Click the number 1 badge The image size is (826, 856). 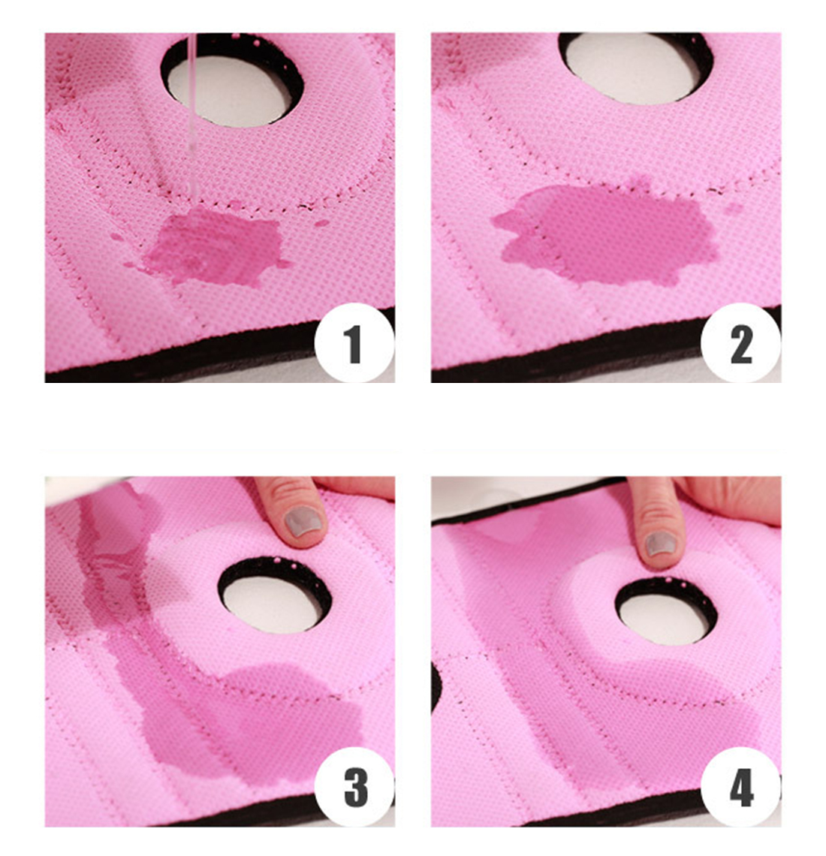(354, 343)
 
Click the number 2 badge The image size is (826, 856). (741, 343)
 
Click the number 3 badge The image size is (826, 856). (354, 787)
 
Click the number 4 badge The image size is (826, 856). (741, 787)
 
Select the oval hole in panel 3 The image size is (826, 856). (275, 595)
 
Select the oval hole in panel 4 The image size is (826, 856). (666, 611)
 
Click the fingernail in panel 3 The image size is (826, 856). (302, 521)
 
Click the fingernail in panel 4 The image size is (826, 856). (661, 544)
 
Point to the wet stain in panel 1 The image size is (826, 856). (216, 246)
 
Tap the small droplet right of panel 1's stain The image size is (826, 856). (321, 223)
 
